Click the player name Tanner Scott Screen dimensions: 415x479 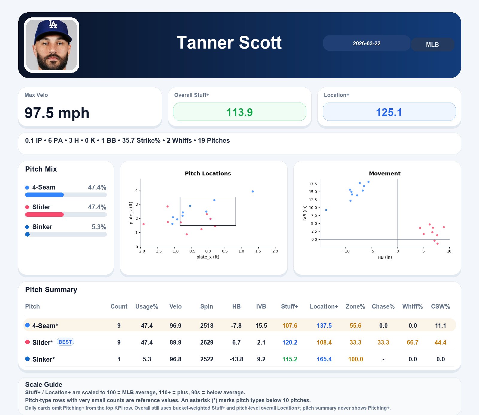tap(229, 43)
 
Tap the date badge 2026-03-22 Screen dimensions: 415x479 tap(366, 43)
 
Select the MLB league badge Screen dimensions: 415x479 tap(432, 45)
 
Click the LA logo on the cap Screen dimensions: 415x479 tap(53, 24)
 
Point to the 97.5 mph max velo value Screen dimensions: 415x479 tap(57, 113)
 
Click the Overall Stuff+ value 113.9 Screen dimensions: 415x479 tap(239, 112)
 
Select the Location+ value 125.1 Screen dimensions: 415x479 tap(389, 112)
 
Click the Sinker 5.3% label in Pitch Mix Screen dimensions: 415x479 tap(99, 227)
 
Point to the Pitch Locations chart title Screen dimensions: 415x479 tap(208, 173)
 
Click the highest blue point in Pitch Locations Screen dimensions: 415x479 tap(253, 191)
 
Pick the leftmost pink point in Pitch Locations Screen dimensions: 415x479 tap(143, 224)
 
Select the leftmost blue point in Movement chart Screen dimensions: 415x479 tap(326, 210)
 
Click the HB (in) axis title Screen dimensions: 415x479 tap(385, 257)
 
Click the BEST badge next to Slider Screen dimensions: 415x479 tap(65, 342)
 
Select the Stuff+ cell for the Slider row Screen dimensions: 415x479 tap(289, 342)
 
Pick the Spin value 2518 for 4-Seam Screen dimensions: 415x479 tap(207, 326)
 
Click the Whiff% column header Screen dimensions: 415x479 tap(412, 306)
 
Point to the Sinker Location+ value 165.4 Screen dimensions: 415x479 tap(324, 359)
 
